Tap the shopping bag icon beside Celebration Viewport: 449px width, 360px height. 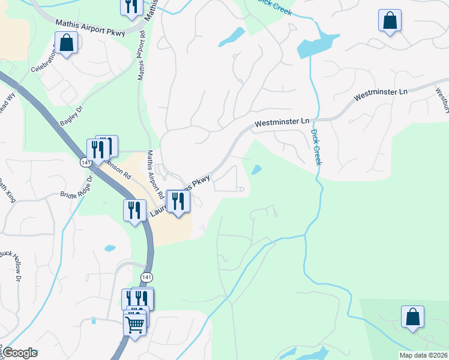coord(65,43)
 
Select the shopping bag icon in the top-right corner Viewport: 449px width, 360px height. coord(390,21)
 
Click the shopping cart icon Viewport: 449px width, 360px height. coord(134,325)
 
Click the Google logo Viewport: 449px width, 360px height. coord(20,353)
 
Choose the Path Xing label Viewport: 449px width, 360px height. coord(7,191)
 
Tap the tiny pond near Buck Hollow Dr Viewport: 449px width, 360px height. coord(110,248)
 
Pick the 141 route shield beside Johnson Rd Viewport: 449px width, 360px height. coord(85,162)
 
